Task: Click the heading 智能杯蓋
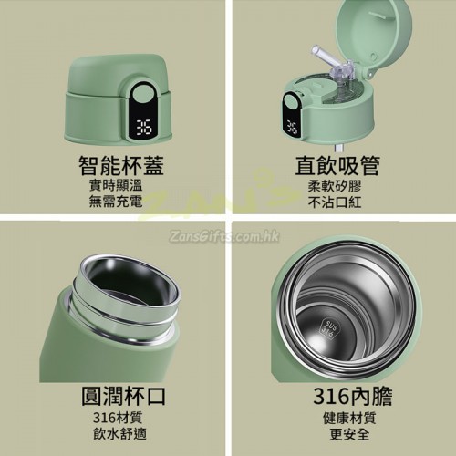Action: tap(121, 166)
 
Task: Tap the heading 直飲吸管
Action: tap(337, 166)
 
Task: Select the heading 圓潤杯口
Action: tap(123, 396)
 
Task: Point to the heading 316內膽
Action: tap(353, 396)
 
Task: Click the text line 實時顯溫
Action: tap(116, 185)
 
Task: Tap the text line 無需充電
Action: tap(116, 202)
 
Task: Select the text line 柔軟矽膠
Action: tap(335, 186)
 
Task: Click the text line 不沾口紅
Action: tap(335, 202)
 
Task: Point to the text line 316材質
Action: tap(118, 418)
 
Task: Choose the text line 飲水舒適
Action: tap(119, 433)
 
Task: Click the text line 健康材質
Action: tap(349, 418)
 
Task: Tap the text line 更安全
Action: tap(349, 434)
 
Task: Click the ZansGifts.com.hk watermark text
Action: tap(224, 236)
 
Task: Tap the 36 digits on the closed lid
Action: tap(144, 128)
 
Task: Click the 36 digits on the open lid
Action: tap(292, 128)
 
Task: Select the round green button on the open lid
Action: tap(292, 101)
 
